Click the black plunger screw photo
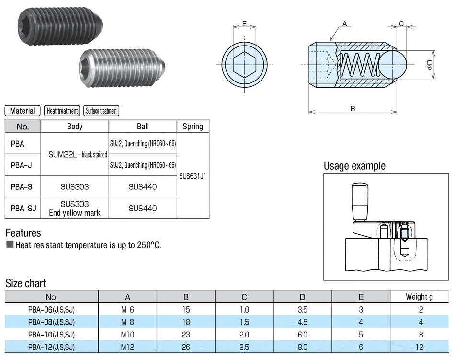pyautogui.click(x=59, y=27)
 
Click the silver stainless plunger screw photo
pyautogui.click(x=122, y=68)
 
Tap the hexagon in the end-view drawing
pyautogui.click(x=244, y=64)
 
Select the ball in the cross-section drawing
pyautogui.click(x=392, y=64)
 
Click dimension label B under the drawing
pyautogui.click(x=353, y=109)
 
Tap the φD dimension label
pyautogui.click(x=430, y=64)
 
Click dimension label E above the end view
pyautogui.click(x=244, y=23)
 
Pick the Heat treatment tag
pyautogui.click(x=62, y=111)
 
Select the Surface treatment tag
pyautogui.click(x=101, y=111)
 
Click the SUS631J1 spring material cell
pyautogui.click(x=193, y=176)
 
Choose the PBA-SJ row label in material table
pyautogui.click(x=23, y=208)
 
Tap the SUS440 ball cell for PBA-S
pyautogui.click(x=143, y=186)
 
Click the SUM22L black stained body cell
pyautogui.click(x=78, y=154)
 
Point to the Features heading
pyautogui.click(x=23, y=233)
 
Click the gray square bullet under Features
pyautogui.click(x=10, y=244)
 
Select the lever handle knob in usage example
pyautogui.click(x=360, y=201)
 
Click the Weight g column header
pyautogui.click(x=419, y=297)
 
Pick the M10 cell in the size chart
pyautogui.click(x=127, y=335)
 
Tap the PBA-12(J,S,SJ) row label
pyautogui.click(x=51, y=347)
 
